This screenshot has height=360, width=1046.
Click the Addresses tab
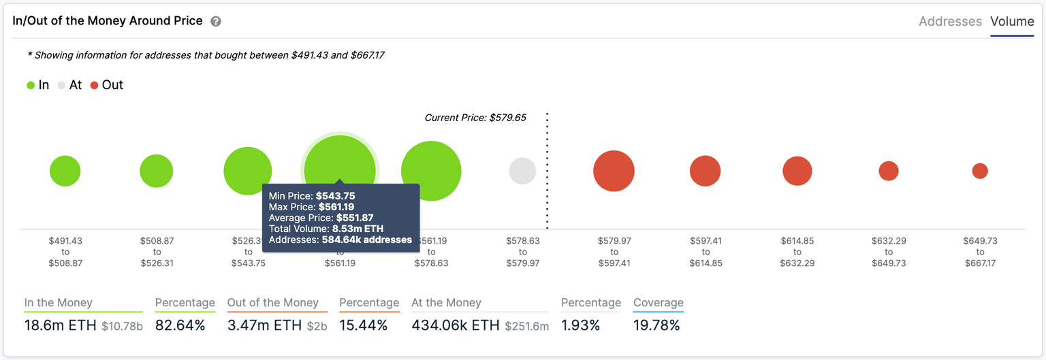tap(950, 22)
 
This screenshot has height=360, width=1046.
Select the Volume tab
tap(1012, 22)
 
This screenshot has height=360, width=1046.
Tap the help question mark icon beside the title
tap(216, 21)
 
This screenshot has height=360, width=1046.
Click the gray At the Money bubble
tap(522, 171)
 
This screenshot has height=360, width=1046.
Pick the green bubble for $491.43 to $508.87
tap(65, 171)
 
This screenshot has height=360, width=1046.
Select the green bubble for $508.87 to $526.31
tap(157, 171)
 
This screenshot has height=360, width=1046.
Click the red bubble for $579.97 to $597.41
tap(614, 171)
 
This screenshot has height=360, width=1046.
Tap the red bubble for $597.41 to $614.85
tap(705, 171)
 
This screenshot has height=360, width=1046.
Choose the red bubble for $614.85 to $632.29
tap(797, 171)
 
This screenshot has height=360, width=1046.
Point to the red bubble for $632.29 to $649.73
tap(888, 171)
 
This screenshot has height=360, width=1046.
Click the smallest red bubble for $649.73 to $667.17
tap(980, 171)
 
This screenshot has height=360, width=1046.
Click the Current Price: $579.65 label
tap(475, 118)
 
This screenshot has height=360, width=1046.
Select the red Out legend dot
tap(94, 86)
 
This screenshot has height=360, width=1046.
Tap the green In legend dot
tap(31, 86)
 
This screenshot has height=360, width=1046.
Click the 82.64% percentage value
tap(180, 325)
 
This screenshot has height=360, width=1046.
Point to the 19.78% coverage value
tap(656, 325)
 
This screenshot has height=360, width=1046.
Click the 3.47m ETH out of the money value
tap(264, 325)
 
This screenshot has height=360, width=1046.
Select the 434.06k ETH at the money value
tap(455, 325)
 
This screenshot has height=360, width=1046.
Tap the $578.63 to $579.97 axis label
tap(522, 252)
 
